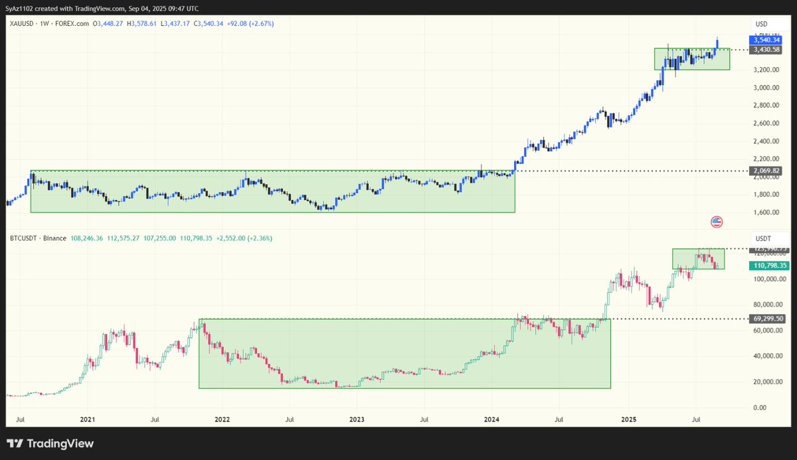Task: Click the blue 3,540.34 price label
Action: pos(766,40)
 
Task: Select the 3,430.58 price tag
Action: pos(766,49)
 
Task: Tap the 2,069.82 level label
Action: pos(766,171)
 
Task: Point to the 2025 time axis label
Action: pos(628,420)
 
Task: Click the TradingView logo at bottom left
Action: pos(50,444)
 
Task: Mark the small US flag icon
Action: pos(716,222)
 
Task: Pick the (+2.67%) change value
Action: pos(260,24)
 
